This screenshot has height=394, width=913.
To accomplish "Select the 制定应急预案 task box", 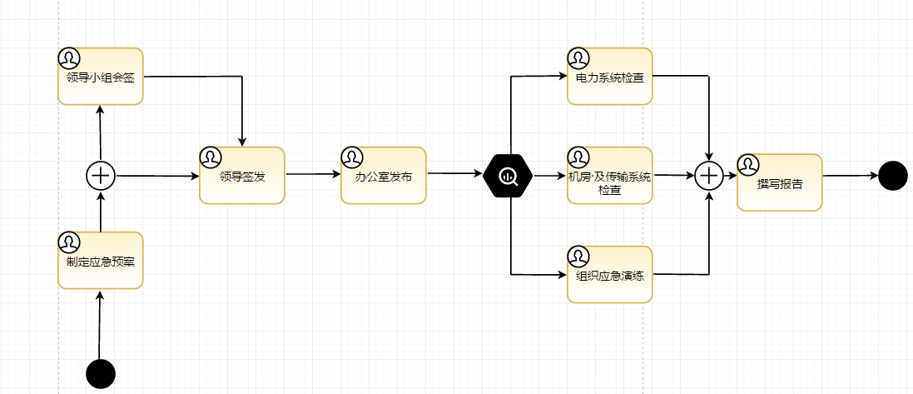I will tap(101, 261).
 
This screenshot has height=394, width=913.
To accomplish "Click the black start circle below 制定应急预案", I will tap(101, 374).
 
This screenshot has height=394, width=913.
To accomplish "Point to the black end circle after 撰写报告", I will tap(892, 176).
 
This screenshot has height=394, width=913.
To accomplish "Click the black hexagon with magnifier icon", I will tap(508, 176).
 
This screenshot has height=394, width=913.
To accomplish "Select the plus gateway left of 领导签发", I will tap(101, 176).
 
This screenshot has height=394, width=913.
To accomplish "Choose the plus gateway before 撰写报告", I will tap(709, 176).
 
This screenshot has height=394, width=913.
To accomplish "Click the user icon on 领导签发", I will tap(211, 157).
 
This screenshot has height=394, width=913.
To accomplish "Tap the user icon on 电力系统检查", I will tap(578, 58).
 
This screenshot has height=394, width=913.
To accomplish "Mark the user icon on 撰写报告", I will tap(748, 164).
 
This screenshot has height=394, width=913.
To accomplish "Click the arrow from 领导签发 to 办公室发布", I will tap(313, 175).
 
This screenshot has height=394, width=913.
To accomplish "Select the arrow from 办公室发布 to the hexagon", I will tap(454, 174).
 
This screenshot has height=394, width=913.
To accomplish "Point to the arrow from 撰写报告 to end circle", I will tap(850, 176).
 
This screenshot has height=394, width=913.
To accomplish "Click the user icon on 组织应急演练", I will tap(578, 256).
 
